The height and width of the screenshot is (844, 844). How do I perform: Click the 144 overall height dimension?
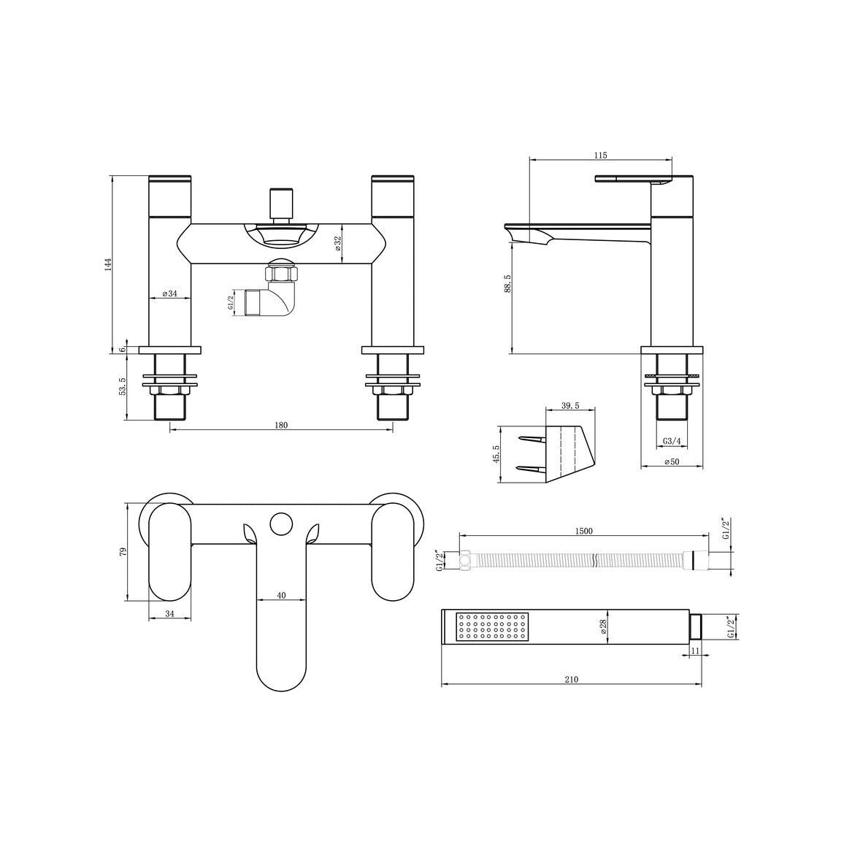pyautogui.click(x=107, y=264)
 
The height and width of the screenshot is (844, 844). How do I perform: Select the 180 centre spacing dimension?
pyautogui.click(x=281, y=425)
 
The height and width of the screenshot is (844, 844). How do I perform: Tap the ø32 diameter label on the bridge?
pyautogui.click(x=337, y=244)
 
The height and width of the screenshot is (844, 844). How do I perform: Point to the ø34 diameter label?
pyautogui.click(x=169, y=294)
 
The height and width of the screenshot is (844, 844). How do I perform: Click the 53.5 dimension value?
pyautogui.click(x=122, y=386)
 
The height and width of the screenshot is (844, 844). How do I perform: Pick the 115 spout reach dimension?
pyautogui.click(x=601, y=156)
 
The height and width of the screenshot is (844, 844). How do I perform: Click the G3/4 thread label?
pyautogui.click(x=671, y=441)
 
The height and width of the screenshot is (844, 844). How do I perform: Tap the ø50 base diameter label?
pyautogui.click(x=672, y=462)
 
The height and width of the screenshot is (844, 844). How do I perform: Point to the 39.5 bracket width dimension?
pyautogui.click(x=570, y=406)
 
